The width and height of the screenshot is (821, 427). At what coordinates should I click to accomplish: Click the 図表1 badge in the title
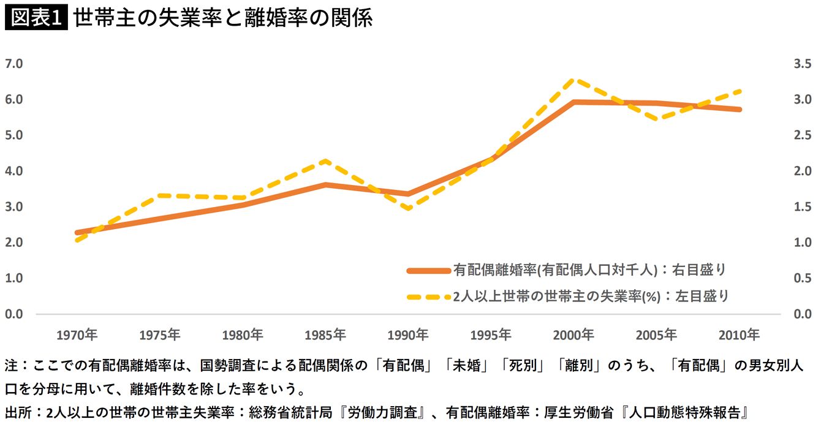(x=35, y=19)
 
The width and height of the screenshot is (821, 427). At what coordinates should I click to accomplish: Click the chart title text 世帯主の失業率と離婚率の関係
(x=223, y=19)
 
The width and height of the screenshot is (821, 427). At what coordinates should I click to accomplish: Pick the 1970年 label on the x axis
(x=77, y=335)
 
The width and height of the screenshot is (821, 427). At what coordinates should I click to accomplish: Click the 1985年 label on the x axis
(x=325, y=335)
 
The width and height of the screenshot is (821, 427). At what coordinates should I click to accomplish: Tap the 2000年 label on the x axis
(x=573, y=335)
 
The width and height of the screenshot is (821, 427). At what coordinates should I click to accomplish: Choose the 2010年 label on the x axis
(x=738, y=335)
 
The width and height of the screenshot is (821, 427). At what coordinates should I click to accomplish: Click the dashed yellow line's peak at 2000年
(x=573, y=80)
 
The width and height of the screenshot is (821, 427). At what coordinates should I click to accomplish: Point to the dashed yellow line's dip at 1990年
(x=407, y=209)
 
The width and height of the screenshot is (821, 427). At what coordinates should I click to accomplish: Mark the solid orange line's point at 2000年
(x=573, y=102)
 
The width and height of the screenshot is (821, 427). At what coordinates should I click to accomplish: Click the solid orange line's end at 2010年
(x=740, y=110)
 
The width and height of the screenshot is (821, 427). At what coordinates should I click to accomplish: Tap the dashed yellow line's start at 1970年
(x=77, y=241)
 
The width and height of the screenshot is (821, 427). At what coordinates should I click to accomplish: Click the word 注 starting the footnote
(x=11, y=367)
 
